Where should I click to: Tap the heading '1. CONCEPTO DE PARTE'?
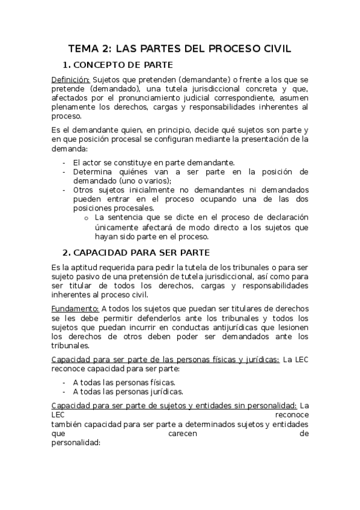click(118, 66)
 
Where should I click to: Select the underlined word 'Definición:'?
click(71, 79)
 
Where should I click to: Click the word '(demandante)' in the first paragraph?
click(179, 79)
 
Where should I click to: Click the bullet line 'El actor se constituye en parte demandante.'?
click(154, 162)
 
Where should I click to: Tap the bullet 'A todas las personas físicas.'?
click(124, 382)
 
